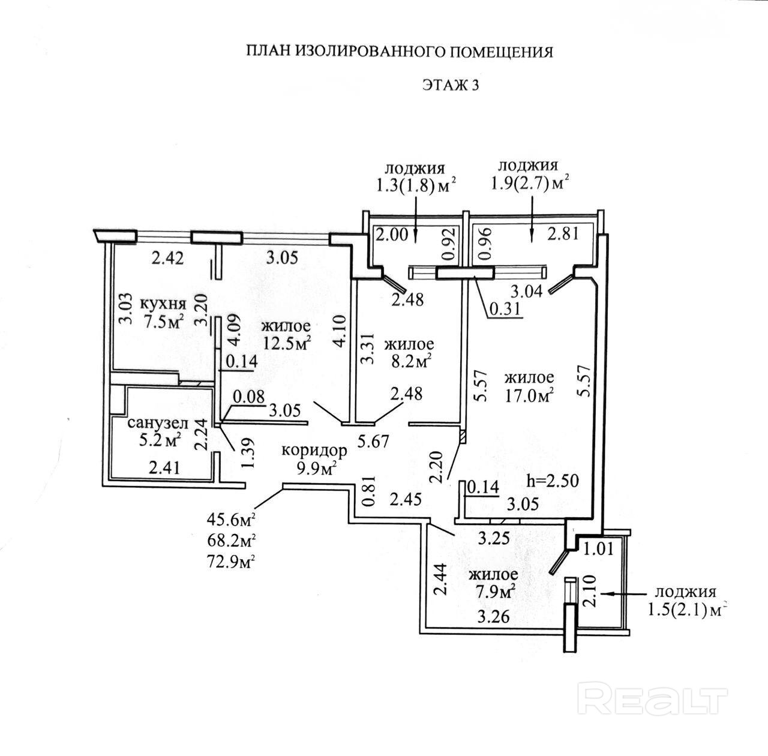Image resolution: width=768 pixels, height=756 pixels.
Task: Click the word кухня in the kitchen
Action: (163, 303)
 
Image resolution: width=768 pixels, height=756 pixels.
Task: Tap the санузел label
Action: (158, 424)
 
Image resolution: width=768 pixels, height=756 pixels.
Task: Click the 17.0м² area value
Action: (528, 395)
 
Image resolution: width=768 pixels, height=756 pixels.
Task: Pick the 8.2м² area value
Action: (409, 362)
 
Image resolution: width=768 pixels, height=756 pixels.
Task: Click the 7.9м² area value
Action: (493, 592)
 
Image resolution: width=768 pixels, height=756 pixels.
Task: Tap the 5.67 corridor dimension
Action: (373, 442)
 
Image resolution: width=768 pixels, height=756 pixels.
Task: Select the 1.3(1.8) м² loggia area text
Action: (415, 185)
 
